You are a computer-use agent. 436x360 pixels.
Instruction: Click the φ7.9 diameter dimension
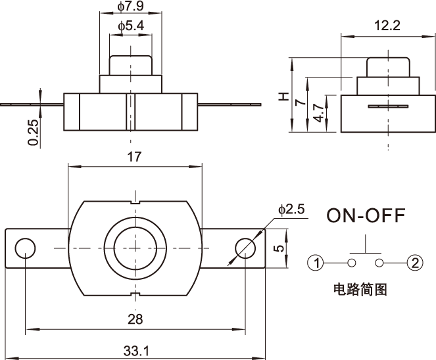pyautogui.click(x=131, y=7)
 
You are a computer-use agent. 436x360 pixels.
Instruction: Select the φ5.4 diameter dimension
pyautogui.click(x=131, y=26)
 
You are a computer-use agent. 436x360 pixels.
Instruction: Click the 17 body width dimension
pyautogui.click(x=134, y=157)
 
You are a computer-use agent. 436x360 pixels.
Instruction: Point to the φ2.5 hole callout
pyautogui.click(x=291, y=210)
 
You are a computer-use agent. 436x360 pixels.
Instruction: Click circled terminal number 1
pyautogui.click(x=317, y=263)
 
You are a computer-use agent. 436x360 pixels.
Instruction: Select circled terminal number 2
pyautogui.click(x=414, y=263)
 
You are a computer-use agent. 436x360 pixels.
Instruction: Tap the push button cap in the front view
pyautogui.click(x=131, y=65)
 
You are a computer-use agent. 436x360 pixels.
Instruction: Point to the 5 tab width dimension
pyautogui.click(x=278, y=248)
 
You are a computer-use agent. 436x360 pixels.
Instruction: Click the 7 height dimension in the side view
pyautogui.click(x=300, y=103)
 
